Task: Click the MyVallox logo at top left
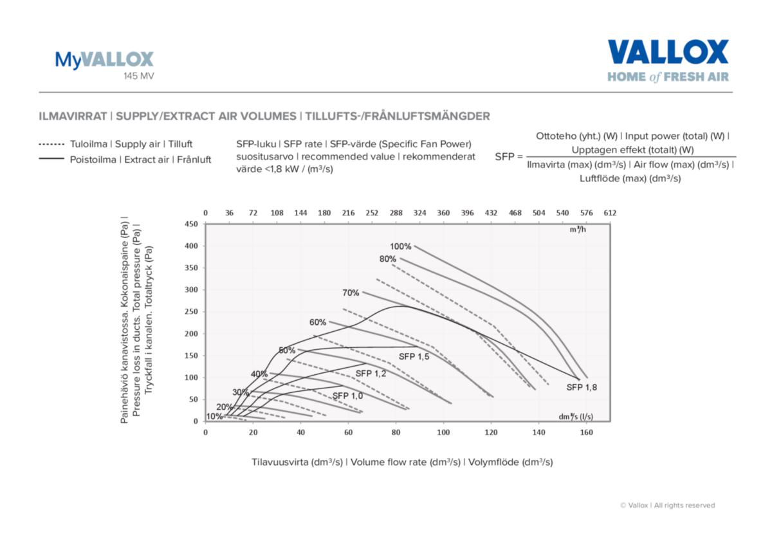(x=104, y=60)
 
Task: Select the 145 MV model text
(x=139, y=76)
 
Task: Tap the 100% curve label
(x=400, y=246)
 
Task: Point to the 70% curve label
(x=351, y=293)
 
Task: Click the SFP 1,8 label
(x=582, y=387)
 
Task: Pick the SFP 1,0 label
(x=347, y=396)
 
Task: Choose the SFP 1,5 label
(x=414, y=356)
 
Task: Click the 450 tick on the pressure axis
(x=192, y=224)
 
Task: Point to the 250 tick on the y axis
(x=192, y=311)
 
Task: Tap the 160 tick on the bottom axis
(x=587, y=433)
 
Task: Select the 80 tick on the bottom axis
(x=396, y=433)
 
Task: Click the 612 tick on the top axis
(x=609, y=213)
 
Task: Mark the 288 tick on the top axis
(x=396, y=213)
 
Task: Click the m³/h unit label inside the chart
(x=577, y=230)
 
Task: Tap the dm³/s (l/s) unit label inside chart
(x=575, y=416)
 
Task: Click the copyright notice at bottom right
(x=667, y=505)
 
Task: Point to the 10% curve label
(x=214, y=416)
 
